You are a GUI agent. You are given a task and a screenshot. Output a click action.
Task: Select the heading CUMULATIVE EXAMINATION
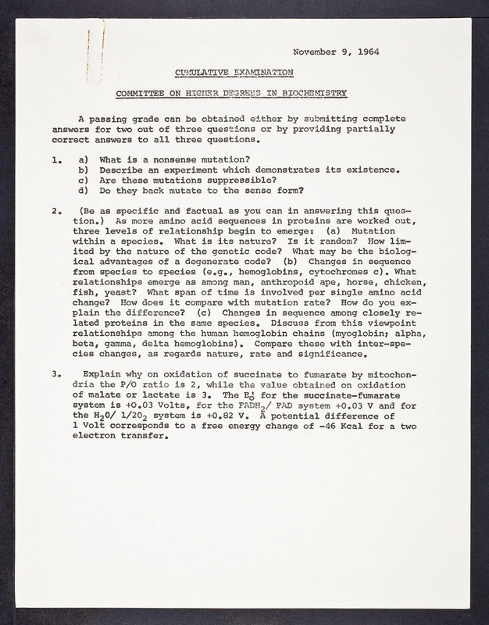(235, 71)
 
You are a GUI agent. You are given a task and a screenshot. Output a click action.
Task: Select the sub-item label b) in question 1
(81, 170)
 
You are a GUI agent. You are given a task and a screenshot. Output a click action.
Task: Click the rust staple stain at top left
(90, 51)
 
